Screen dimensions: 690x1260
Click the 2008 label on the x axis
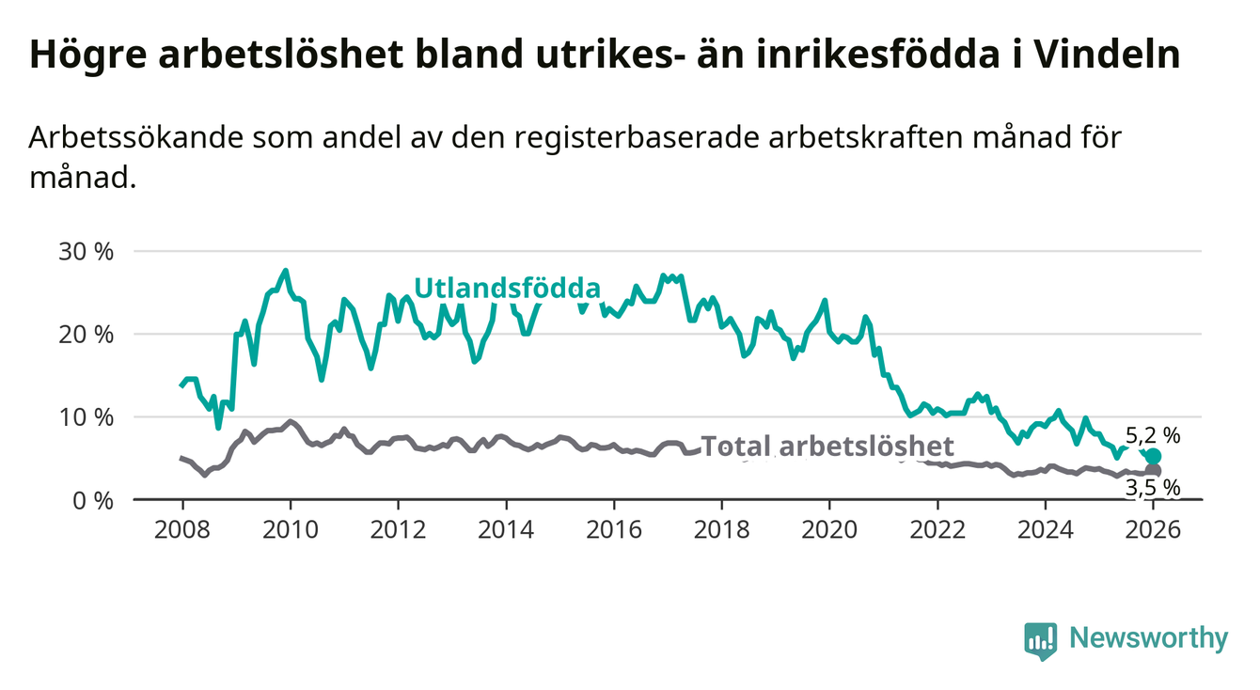(x=181, y=528)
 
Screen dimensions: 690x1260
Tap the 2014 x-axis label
(x=506, y=528)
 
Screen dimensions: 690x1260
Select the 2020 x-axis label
(x=829, y=528)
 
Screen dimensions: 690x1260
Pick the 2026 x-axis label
(x=1153, y=528)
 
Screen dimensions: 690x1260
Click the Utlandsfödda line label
(x=508, y=287)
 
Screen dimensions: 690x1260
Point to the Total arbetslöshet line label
(x=827, y=447)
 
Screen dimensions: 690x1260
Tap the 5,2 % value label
(x=1152, y=435)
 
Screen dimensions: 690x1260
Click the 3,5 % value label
(x=1152, y=487)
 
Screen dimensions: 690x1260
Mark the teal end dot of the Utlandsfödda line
(x=1154, y=457)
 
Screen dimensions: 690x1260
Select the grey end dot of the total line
(x=1154, y=470)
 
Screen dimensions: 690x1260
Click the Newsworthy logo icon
(x=1039, y=640)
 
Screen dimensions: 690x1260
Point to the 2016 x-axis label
(x=614, y=528)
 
